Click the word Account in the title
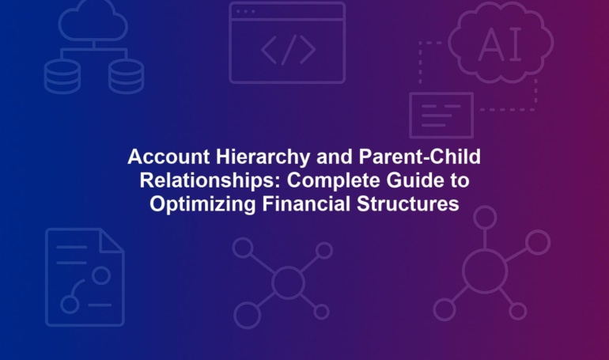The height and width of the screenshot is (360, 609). click(168, 157)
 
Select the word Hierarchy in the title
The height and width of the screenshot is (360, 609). click(263, 157)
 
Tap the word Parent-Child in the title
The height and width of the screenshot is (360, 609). click(419, 157)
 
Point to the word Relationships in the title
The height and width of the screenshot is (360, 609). click(210, 180)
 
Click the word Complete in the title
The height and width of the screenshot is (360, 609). click(334, 180)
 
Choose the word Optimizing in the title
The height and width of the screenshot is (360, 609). click(202, 204)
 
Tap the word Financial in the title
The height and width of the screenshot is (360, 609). click(306, 203)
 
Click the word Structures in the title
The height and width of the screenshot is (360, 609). click(408, 204)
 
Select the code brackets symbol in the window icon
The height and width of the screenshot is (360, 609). click(288, 49)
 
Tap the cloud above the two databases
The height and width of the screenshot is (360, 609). click(93, 21)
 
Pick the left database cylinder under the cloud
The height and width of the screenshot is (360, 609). click(62, 76)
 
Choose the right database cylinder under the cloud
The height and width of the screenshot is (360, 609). click(126, 76)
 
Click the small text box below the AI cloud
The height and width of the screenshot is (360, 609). click(441, 116)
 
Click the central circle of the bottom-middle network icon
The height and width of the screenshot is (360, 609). click(288, 282)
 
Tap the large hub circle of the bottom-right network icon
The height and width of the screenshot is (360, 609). click(485, 271)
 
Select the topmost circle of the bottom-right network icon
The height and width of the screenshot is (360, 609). click(485, 218)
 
